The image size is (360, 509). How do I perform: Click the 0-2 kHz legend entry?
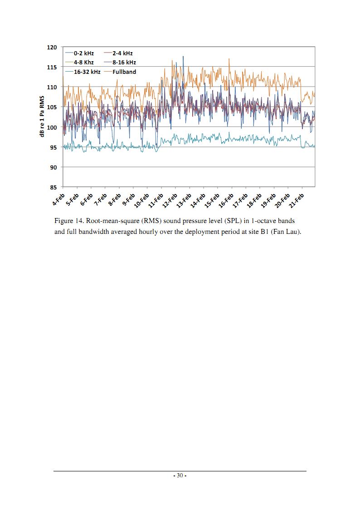pos(80,53)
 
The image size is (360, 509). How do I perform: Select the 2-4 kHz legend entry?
pos(118,53)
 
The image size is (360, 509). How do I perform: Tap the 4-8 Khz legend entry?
pos(80,63)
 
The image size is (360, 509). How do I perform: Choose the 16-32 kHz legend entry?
pos(83,72)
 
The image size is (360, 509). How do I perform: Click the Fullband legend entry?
pos(120,72)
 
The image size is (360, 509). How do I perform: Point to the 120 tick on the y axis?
pos(52,48)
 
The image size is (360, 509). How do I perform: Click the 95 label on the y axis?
pos(54,147)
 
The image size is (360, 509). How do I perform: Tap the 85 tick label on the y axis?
pos(54,187)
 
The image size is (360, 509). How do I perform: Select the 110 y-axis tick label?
pos(52,87)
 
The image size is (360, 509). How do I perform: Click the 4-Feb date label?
pos(59,199)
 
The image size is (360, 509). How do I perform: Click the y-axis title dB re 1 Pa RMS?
pos(42,116)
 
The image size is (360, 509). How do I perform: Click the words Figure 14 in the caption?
pos(69,221)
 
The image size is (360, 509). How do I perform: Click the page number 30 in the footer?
pos(180,475)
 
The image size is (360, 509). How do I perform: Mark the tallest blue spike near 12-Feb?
pos(183,57)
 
